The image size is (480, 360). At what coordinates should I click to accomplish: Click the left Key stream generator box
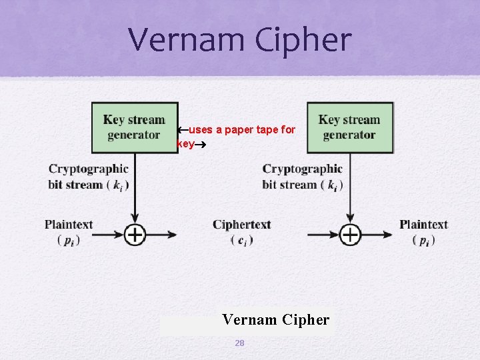pos(134,127)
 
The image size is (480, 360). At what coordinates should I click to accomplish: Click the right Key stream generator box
pos(349,127)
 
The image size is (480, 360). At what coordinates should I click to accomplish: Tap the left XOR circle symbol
pos(135,234)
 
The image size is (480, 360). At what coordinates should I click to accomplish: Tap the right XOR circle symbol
pos(350,234)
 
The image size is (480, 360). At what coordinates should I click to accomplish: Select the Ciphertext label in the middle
pos(241,225)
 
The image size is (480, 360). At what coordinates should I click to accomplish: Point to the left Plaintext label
pos(69,225)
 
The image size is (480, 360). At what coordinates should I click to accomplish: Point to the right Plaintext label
pos(423,225)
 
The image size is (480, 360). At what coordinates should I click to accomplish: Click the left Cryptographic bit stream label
pos(88,177)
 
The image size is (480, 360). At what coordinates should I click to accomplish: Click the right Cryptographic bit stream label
pos(303,177)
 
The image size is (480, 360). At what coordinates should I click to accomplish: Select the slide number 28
pos(239,343)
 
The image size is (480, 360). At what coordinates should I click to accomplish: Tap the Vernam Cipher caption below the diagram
pos(275,320)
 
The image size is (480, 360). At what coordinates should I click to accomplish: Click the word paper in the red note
pos(240,129)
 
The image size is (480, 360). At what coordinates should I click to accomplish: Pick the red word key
pos(186,143)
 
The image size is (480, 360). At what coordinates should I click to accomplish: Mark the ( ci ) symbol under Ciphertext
pos(241,240)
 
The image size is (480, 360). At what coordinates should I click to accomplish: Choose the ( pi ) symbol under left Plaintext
pos(69,240)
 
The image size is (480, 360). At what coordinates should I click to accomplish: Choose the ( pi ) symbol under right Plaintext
pos(423,240)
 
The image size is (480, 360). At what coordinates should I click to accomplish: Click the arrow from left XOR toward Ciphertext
pos(163,234)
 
